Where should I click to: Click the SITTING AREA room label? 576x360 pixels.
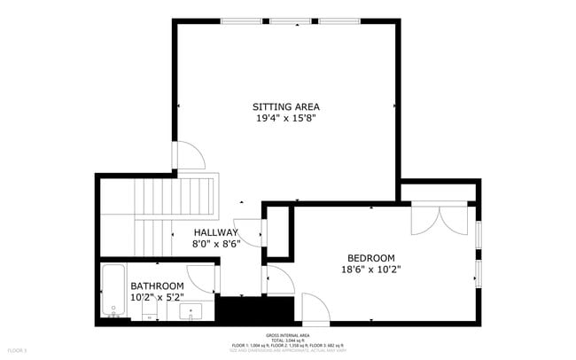pyautogui.click(x=285, y=106)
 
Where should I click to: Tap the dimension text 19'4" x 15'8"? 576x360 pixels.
pyautogui.click(x=285, y=118)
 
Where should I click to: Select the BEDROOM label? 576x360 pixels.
pyautogui.click(x=370, y=258)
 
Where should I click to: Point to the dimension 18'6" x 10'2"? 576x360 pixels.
pyautogui.click(x=370, y=270)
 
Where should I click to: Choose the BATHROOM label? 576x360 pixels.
pyautogui.click(x=157, y=286)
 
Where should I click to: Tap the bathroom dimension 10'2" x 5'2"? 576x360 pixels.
pyautogui.click(x=157, y=298)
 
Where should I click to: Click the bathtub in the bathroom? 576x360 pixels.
pyautogui.click(x=113, y=291)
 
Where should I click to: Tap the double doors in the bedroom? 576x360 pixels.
pyautogui.click(x=440, y=219)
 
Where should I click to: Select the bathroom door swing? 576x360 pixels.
pyautogui.click(x=202, y=278)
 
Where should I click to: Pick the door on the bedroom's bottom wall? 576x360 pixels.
pyautogui.click(x=315, y=309)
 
